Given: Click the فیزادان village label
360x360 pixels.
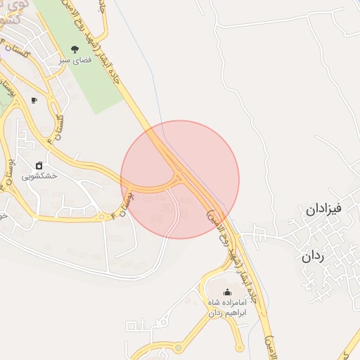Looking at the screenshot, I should click(324, 210).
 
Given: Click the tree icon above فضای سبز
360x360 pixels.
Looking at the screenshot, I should click(75, 49).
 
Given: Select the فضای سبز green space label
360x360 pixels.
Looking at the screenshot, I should click(75, 61).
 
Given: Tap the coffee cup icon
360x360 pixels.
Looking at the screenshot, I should click(34, 101).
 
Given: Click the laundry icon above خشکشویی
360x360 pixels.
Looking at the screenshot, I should click(39, 165).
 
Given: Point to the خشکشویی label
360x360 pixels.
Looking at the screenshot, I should click(39, 177).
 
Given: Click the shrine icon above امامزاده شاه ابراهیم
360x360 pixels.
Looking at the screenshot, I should click(226, 292).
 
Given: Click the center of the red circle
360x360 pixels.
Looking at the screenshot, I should click(180, 179).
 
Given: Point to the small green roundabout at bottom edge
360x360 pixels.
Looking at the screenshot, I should click(179, 347).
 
